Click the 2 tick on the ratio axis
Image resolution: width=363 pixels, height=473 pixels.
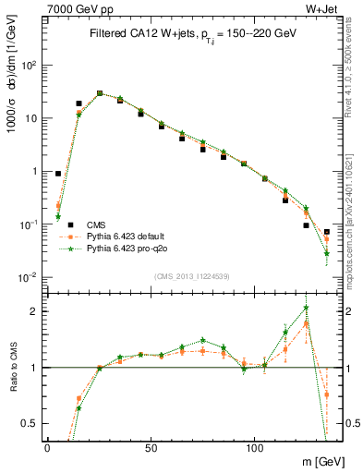coord(32,311)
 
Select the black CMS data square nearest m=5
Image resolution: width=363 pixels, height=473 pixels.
coord(58,173)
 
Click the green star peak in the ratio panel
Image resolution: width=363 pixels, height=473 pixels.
coord(306,308)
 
